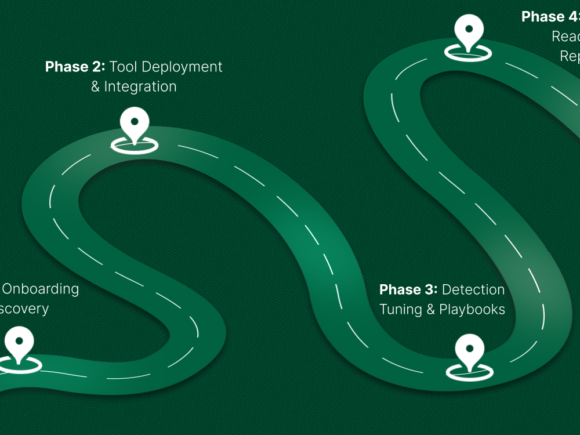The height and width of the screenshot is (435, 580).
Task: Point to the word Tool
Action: (124, 67)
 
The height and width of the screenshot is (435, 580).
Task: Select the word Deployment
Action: (182, 67)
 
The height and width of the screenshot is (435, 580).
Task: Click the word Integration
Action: (140, 86)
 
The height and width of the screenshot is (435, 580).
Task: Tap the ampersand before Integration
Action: (96, 87)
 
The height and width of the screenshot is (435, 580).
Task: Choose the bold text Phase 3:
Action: (408, 289)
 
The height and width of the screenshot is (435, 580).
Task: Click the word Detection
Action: (473, 289)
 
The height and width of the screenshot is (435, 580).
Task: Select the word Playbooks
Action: (472, 309)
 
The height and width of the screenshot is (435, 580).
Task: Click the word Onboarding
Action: (41, 288)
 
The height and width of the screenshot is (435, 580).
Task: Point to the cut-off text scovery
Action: (24, 308)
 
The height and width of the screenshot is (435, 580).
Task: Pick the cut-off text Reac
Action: (565, 37)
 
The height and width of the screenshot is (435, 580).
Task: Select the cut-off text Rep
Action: (570, 56)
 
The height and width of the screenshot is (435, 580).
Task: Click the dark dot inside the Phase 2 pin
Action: (135, 121)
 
